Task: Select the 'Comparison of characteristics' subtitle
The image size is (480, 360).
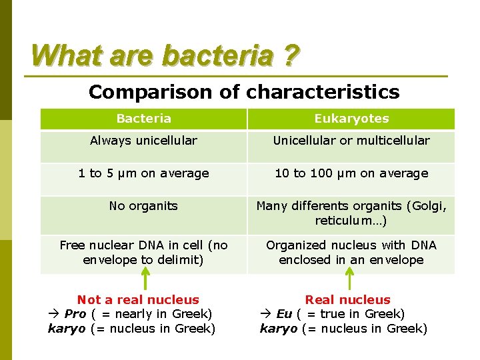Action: (244, 91)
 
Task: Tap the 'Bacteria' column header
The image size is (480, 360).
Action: (143, 119)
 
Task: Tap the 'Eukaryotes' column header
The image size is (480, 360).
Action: (351, 119)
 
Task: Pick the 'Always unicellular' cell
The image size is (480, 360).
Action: (143, 141)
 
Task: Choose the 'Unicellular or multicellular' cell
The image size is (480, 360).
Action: (351, 141)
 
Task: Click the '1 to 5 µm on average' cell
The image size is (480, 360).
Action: (143, 173)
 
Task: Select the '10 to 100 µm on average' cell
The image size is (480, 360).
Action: (351, 173)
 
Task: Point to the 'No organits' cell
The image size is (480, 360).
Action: (143, 206)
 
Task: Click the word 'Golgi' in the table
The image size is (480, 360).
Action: (429, 206)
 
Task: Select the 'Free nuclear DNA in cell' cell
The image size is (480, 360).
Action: (143, 253)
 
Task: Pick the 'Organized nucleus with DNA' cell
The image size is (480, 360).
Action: (351, 253)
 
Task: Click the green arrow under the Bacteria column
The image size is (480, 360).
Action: (145, 279)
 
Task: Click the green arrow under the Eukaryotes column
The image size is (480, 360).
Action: (351, 279)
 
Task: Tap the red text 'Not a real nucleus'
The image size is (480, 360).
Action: (138, 300)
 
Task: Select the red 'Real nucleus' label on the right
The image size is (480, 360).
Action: (347, 300)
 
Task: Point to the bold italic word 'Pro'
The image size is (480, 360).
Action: (75, 314)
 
